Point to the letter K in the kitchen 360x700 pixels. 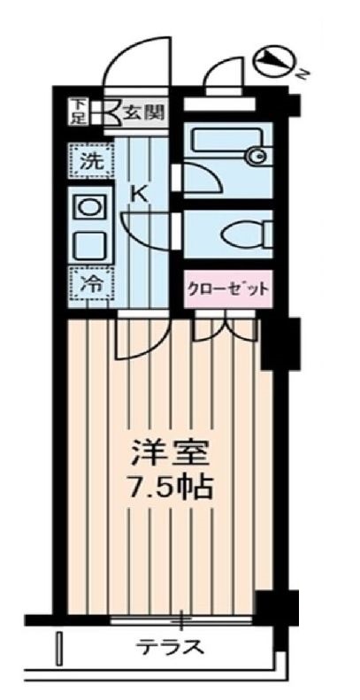[140, 192]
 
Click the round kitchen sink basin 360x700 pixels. [89, 209]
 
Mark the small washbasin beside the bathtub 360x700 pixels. [256, 158]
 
